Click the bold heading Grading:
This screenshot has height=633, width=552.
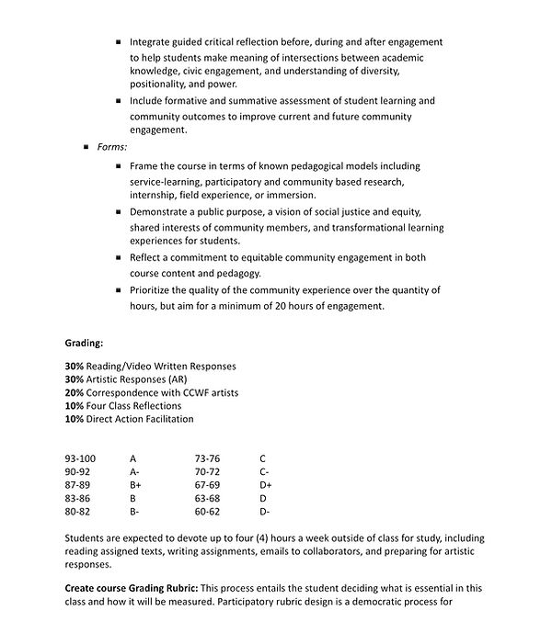[x=84, y=344]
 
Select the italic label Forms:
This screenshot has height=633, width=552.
[x=112, y=147]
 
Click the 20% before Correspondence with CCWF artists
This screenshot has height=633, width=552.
[x=75, y=392]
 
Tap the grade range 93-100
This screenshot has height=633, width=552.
[x=80, y=458]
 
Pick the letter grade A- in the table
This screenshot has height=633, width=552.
[x=134, y=471]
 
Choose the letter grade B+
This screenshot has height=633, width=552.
[x=135, y=484]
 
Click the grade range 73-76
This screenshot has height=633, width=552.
[x=207, y=458]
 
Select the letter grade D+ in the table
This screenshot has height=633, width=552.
[x=266, y=484]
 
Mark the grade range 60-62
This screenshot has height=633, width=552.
[x=207, y=511]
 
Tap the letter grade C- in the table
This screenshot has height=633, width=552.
[x=264, y=471]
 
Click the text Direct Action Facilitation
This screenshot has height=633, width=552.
[x=140, y=419]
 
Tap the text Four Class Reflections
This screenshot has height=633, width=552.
[x=133, y=406]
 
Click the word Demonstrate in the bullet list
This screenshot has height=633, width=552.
[x=162, y=212]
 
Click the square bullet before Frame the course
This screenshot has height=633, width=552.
[x=119, y=166]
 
